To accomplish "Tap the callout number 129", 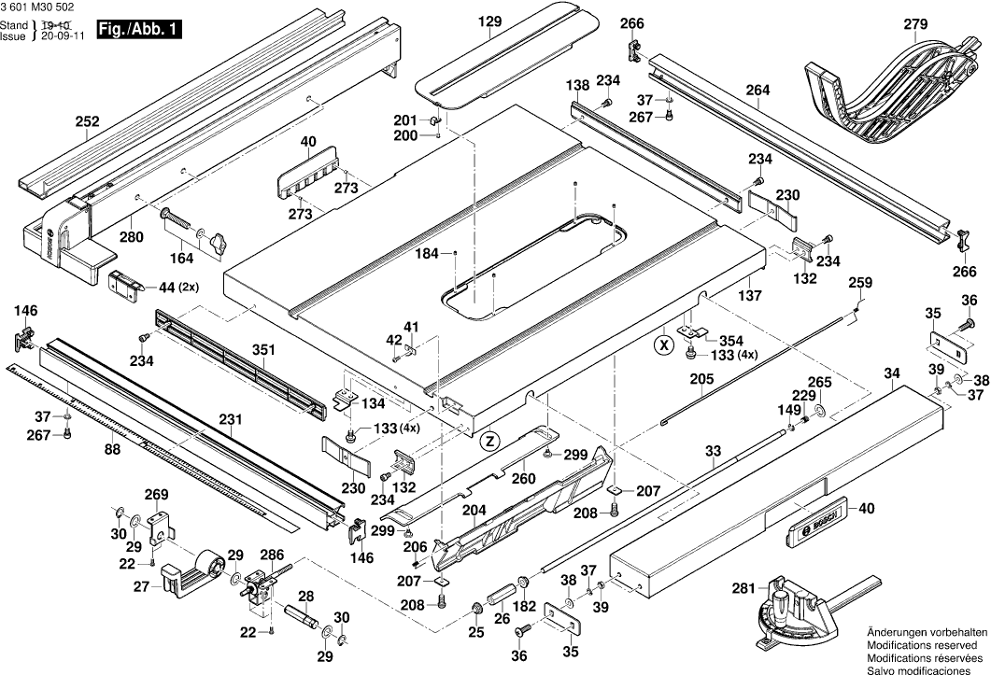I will pyautogui.click(x=490, y=21).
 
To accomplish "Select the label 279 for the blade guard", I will pyautogui.click(x=915, y=23).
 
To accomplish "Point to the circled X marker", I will pyautogui.click(x=663, y=344).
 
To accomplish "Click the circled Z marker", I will pyautogui.click(x=490, y=440).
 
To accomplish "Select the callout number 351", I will pyautogui.click(x=264, y=351).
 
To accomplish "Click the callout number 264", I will pyautogui.click(x=758, y=90).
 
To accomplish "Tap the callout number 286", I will pyautogui.click(x=271, y=555).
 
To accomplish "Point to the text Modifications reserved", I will pyautogui.click(x=923, y=645).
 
